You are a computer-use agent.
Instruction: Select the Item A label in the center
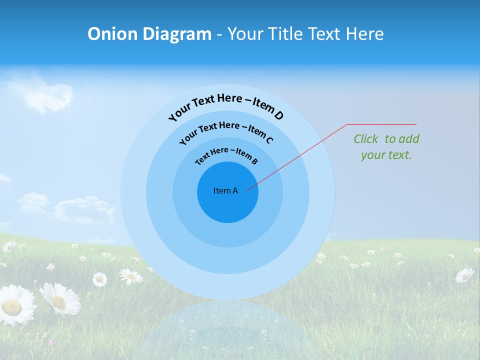(x=225, y=190)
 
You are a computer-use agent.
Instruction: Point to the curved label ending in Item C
(x=226, y=130)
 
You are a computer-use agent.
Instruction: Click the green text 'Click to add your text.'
(x=386, y=147)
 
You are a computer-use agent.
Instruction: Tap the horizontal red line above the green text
(x=381, y=124)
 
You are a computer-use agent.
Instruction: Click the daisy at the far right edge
(x=465, y=274)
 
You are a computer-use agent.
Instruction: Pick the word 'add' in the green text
(x=409, y=139)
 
